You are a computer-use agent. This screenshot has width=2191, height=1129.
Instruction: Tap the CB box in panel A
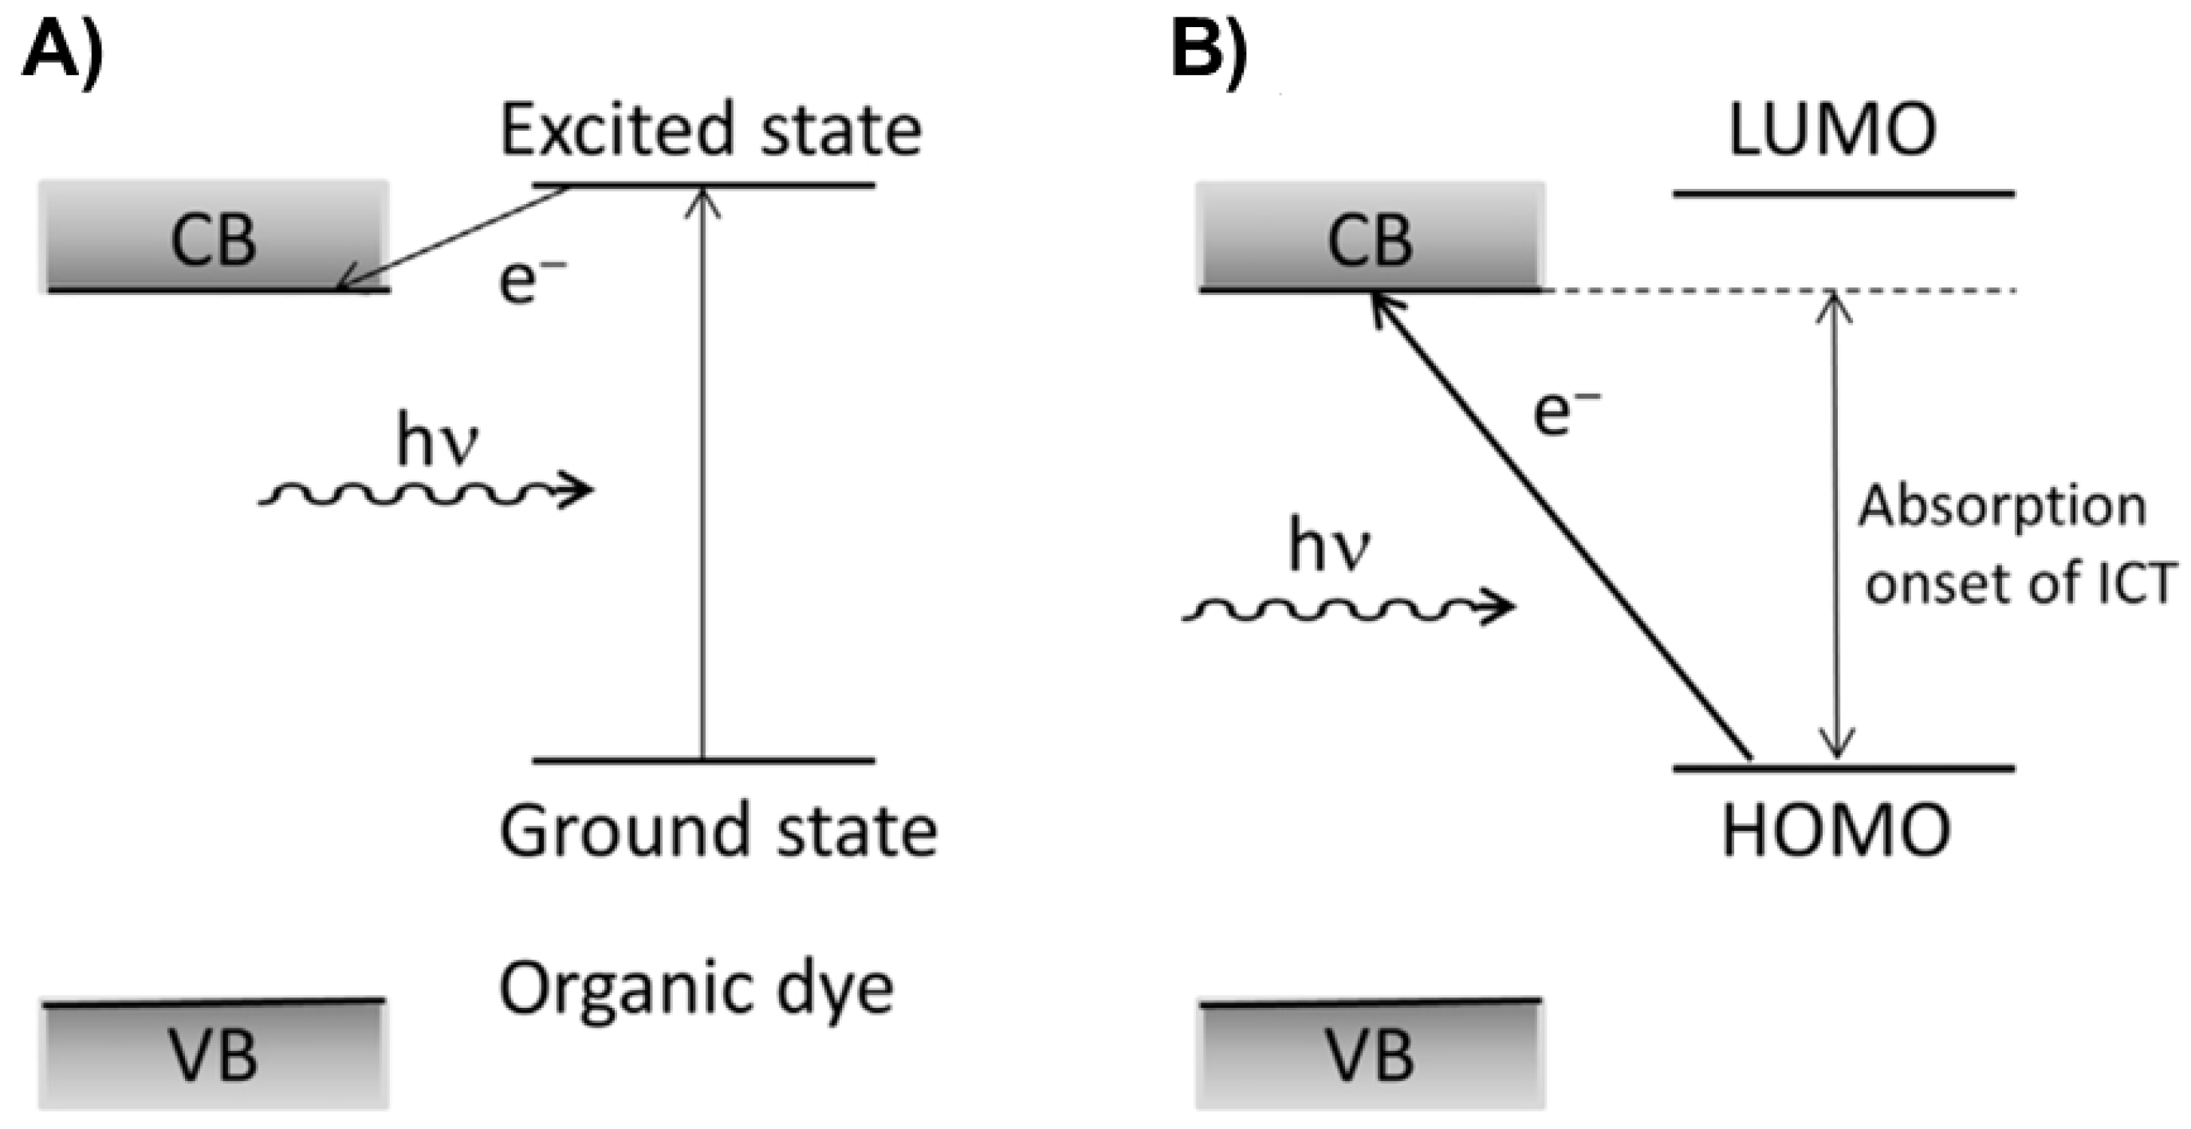(214, 238)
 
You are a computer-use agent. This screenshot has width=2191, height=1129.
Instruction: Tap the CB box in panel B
(1370, 238)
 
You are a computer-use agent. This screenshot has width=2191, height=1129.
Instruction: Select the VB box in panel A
(214, 1055)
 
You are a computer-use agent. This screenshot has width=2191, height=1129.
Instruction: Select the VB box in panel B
(1370, 1055)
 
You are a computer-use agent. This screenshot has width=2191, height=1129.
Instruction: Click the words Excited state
(710, 130)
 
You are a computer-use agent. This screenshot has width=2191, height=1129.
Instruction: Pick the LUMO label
(1833, 130)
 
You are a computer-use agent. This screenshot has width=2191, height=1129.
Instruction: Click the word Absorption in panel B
(2001, 508)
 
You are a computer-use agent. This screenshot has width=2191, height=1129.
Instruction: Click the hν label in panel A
(438, 442)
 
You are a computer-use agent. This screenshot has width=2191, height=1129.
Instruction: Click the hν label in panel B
(1329, 545)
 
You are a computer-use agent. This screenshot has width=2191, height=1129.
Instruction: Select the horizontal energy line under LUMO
(1843, 194)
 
